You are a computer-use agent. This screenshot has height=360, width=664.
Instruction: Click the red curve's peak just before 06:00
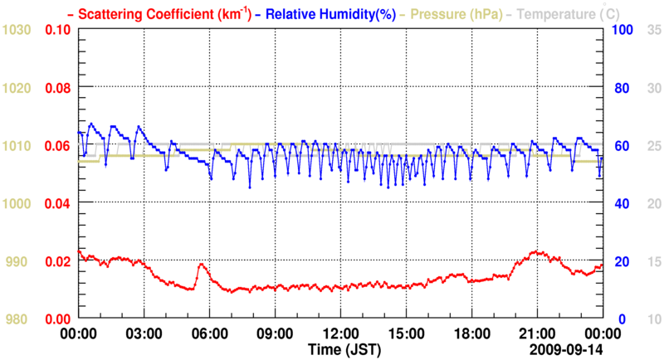pyautogui.click(x=202, y=265)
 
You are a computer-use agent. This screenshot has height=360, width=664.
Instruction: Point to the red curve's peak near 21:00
pyautogui.click(x=537, y=251)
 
